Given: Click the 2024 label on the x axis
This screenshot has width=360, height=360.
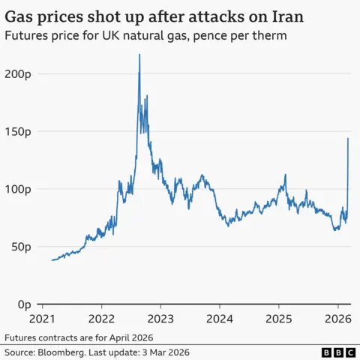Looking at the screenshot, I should pos(220,318).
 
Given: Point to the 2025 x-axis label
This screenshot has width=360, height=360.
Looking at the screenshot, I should pos(279,318).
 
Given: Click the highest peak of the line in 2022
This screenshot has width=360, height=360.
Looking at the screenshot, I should pos(139,55).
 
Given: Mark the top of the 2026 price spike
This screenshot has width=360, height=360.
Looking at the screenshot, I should pos(348,139).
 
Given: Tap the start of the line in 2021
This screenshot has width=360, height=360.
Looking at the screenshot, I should pos(52,260).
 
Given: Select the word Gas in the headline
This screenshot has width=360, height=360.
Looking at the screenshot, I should pos(22,14).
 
